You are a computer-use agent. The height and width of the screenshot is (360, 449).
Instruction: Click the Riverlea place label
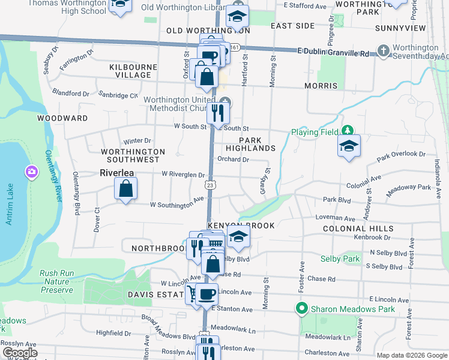(117, 173)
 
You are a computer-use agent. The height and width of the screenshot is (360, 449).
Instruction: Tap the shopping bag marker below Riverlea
(125, 190)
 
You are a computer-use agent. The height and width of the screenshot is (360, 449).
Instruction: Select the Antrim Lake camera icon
(31, 173)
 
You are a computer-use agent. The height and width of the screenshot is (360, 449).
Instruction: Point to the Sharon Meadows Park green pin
(301, 309)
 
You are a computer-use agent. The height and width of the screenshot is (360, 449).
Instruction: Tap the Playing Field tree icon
(347, 130)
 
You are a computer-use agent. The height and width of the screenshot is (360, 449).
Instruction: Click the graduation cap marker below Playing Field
(349, 146)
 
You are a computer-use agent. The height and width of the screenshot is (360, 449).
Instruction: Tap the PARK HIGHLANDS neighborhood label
(251, 143)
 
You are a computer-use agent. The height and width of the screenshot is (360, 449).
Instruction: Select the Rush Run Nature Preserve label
(57, 281)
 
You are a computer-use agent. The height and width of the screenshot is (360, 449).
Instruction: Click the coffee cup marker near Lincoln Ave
(208, 295)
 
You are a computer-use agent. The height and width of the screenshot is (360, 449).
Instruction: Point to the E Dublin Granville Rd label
(333, 53)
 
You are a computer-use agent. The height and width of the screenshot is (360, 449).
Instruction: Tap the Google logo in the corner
(19, 353)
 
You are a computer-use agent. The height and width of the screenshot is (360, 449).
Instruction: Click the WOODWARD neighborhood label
(62, 118)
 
